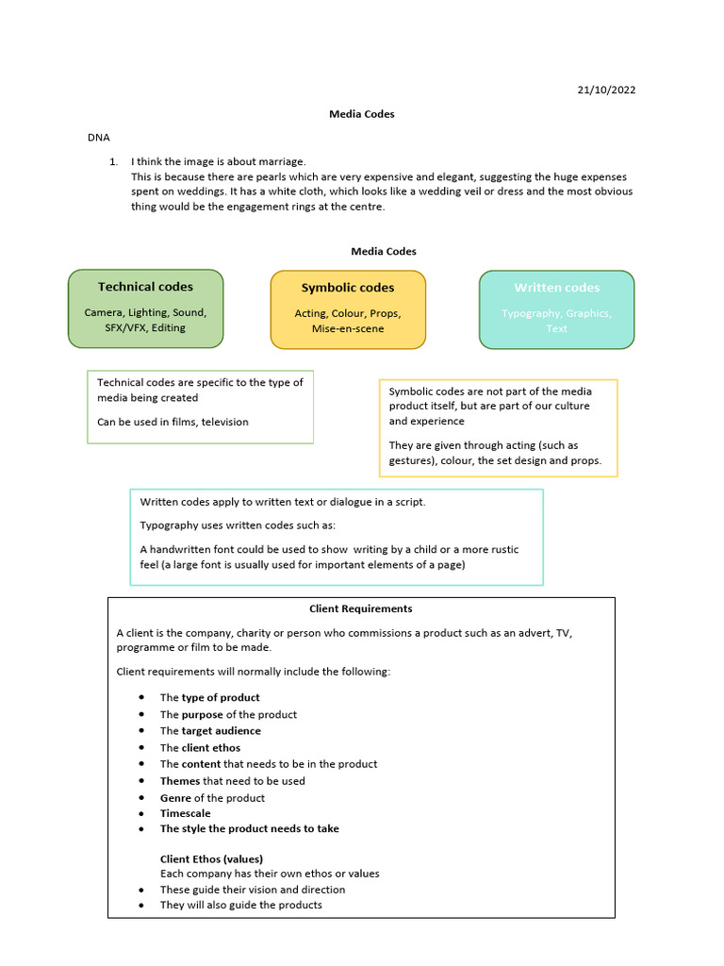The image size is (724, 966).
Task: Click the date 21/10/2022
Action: [606, 90]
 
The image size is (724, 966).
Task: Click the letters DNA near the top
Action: [99, 138]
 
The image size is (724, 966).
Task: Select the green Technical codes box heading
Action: [145, 287]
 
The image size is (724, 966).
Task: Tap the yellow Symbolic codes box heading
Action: [348, 288]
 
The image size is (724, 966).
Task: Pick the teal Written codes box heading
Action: [556, 288]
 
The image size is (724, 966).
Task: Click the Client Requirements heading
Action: [361, 608]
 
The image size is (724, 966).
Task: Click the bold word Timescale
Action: [186, 813]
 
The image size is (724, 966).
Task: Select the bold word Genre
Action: [175, 798]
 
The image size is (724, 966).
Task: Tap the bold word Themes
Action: [180, 781]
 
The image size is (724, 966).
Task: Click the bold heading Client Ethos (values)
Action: [211, 858]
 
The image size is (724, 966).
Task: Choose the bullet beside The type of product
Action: [140, 697]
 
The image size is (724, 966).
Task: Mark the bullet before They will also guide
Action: [140, 906]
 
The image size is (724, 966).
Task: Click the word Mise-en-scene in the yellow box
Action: [347, 329]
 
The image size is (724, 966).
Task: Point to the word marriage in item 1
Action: [281, 161]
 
